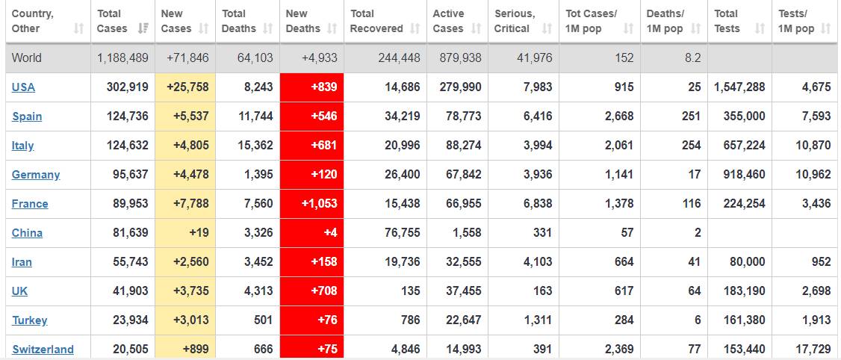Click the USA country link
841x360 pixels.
(23, 87)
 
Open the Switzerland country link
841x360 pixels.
(43, 350)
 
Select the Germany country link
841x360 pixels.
(36, 175)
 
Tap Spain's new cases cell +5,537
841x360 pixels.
(187, 117)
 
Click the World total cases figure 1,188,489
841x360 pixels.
(122, 58)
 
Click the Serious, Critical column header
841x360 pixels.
(515, 21)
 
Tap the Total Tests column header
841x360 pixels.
(727, 21)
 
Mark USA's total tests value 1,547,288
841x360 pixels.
(739, 87)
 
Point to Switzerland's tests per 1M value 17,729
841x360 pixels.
(813, 350)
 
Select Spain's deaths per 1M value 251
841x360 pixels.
(691, 117)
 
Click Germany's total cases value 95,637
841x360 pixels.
(128, 175)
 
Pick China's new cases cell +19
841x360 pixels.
(199, 233)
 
